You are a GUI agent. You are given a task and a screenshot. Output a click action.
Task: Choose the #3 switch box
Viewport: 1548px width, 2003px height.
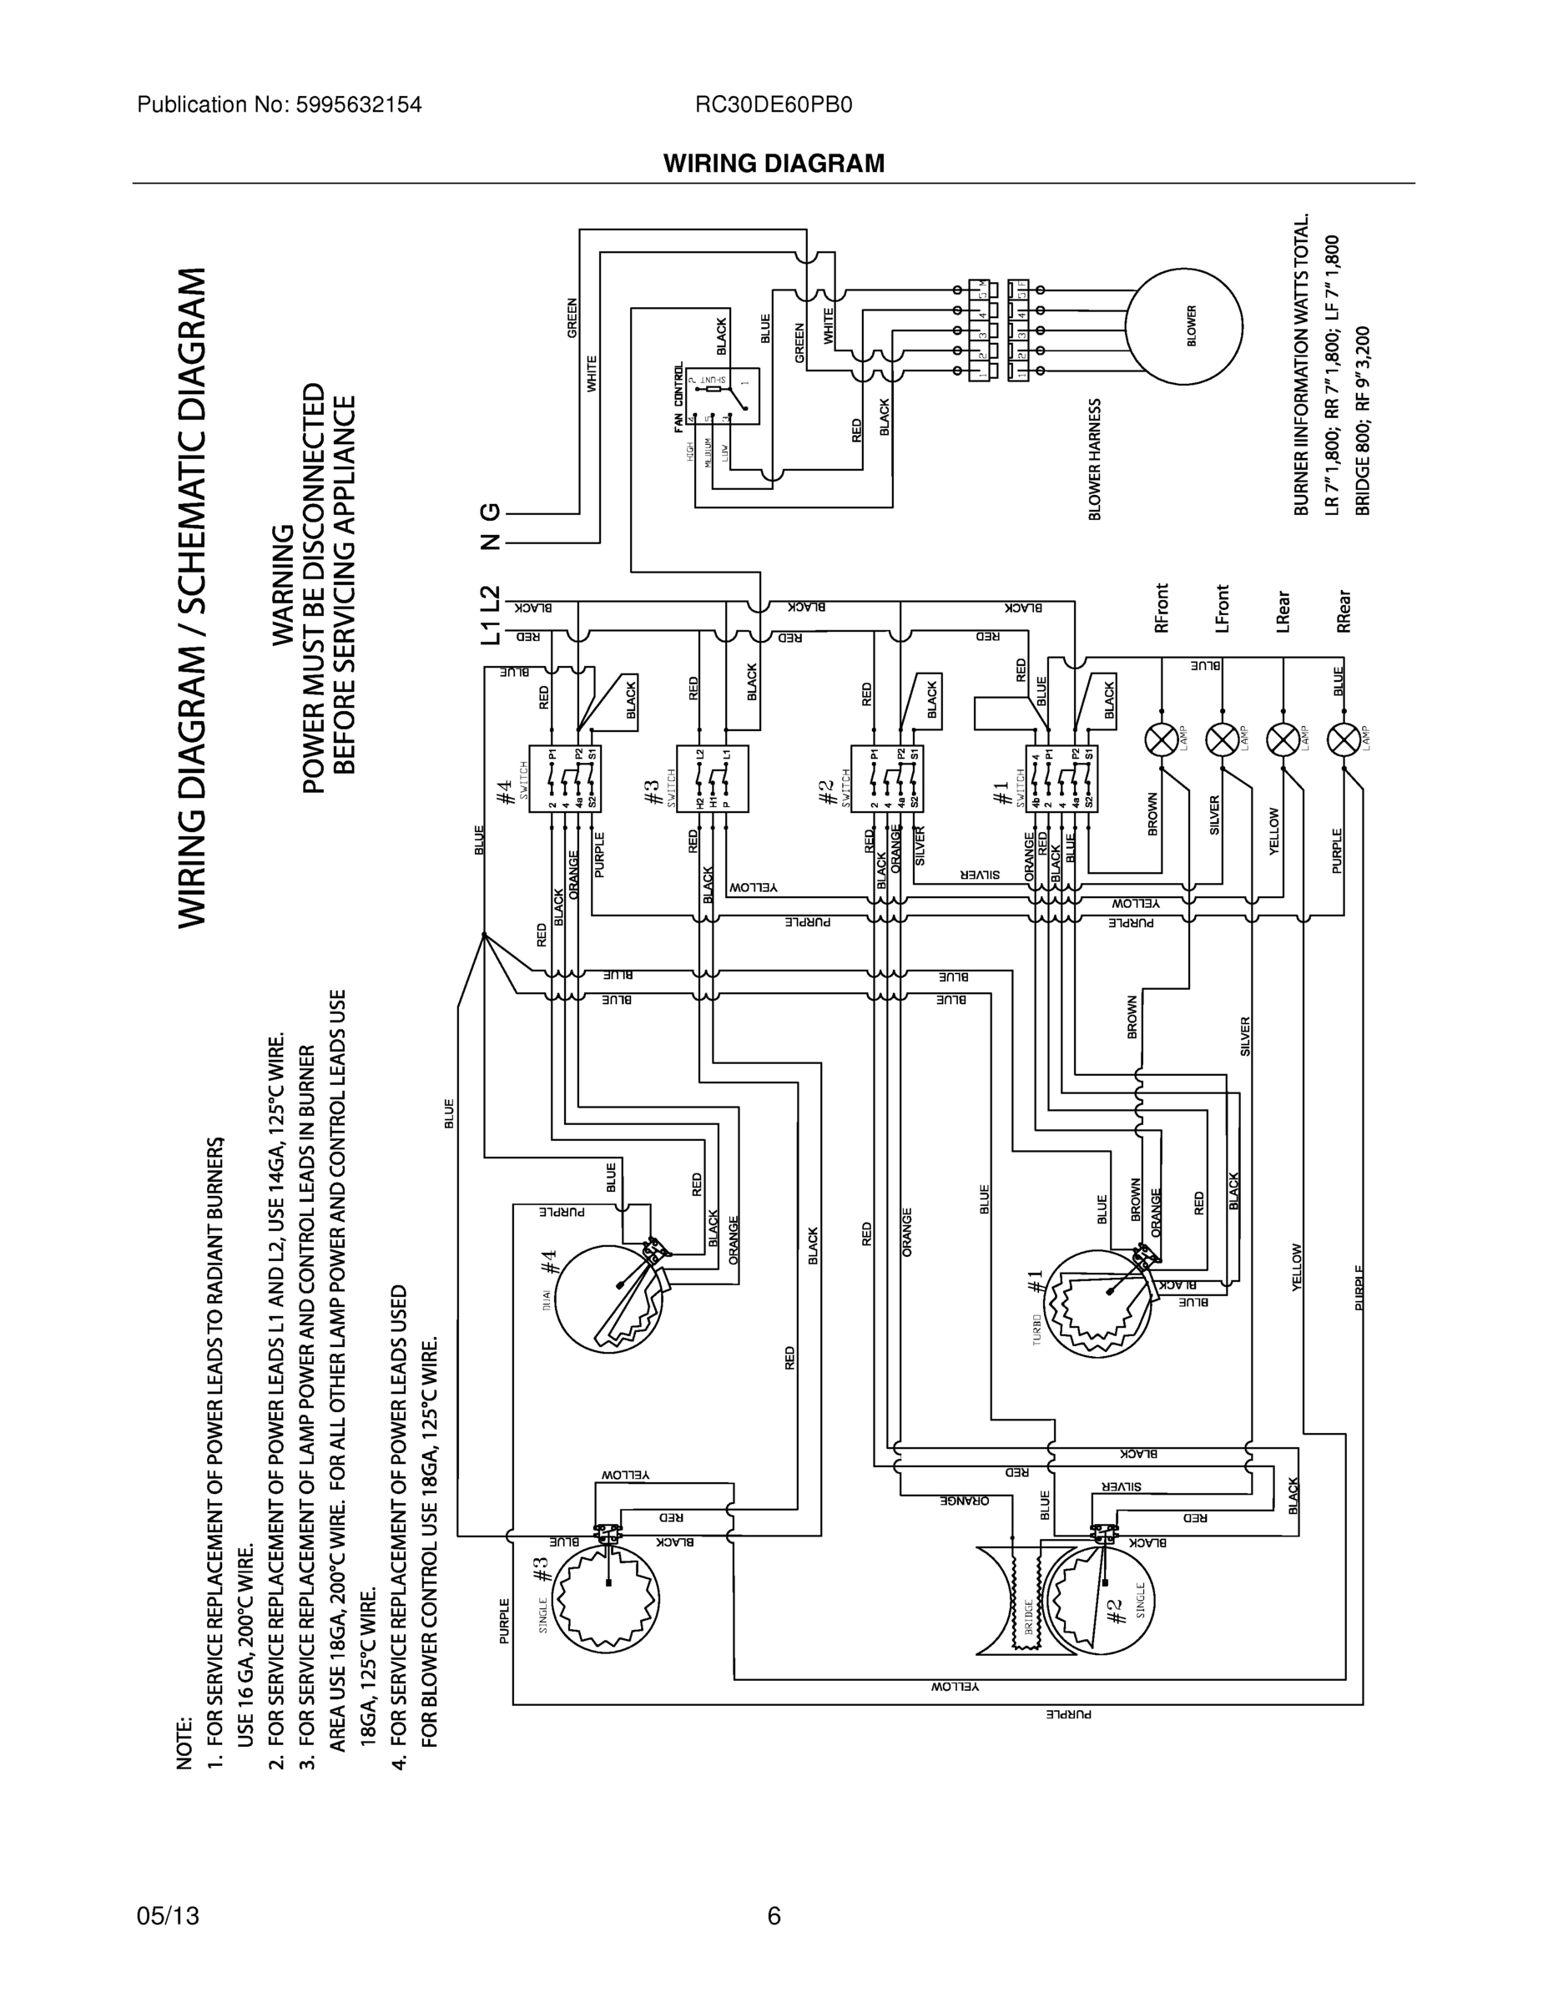click(712, 778)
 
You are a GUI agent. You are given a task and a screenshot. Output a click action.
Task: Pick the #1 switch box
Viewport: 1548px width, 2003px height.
click(1061, 778)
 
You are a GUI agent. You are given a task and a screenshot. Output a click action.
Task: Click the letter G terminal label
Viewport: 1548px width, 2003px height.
click(492, 512)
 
